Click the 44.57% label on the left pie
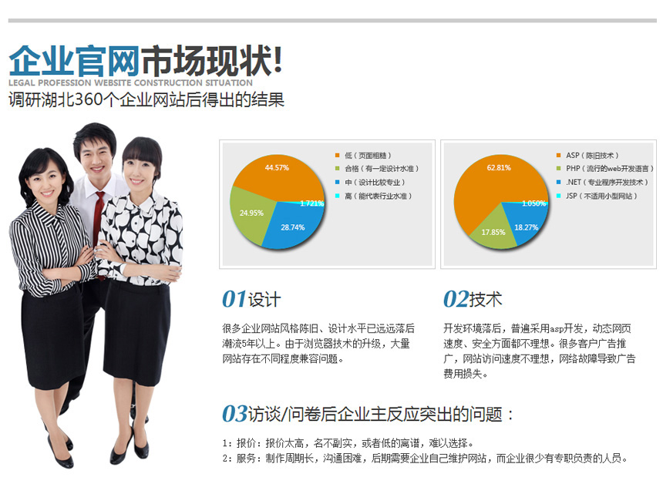point(277,168)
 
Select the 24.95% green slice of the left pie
point(250,213)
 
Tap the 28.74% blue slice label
point(293,227)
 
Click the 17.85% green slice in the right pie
point(493,230)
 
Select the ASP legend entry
point(587,156)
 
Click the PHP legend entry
point(605,169)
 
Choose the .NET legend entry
point(602,182)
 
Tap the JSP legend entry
point(597,196)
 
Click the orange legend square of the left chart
point(337,156)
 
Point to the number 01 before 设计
point(234,299)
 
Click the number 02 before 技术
point(456,299)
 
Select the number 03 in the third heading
point(234,413)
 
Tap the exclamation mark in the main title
point(278,61)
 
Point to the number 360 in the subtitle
point(89,99)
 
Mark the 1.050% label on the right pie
point(533,203)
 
